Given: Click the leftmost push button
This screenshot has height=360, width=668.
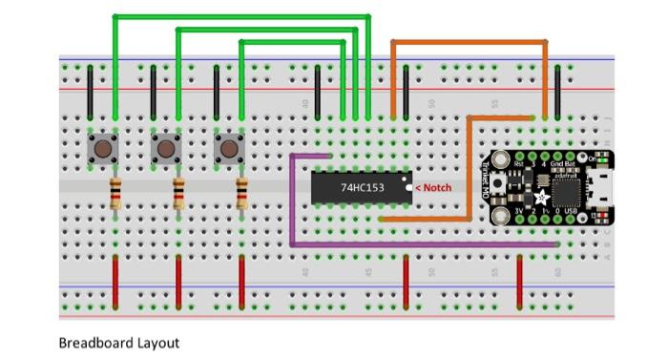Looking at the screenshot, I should coord(102,149).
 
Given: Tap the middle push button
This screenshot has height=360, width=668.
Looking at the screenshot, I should coord(165,149).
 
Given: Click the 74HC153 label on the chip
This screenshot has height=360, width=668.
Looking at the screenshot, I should coord(362,188).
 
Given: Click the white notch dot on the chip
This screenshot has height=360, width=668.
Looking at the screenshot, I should coord(407,188).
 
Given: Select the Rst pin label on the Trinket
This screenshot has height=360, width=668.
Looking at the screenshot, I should coord(519,163).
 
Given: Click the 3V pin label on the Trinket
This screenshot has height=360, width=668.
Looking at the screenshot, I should coord(519,211).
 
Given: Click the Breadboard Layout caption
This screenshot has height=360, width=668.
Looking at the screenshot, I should coord(118,342).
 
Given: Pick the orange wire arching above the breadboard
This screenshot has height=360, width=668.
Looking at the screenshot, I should coord(468,41).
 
